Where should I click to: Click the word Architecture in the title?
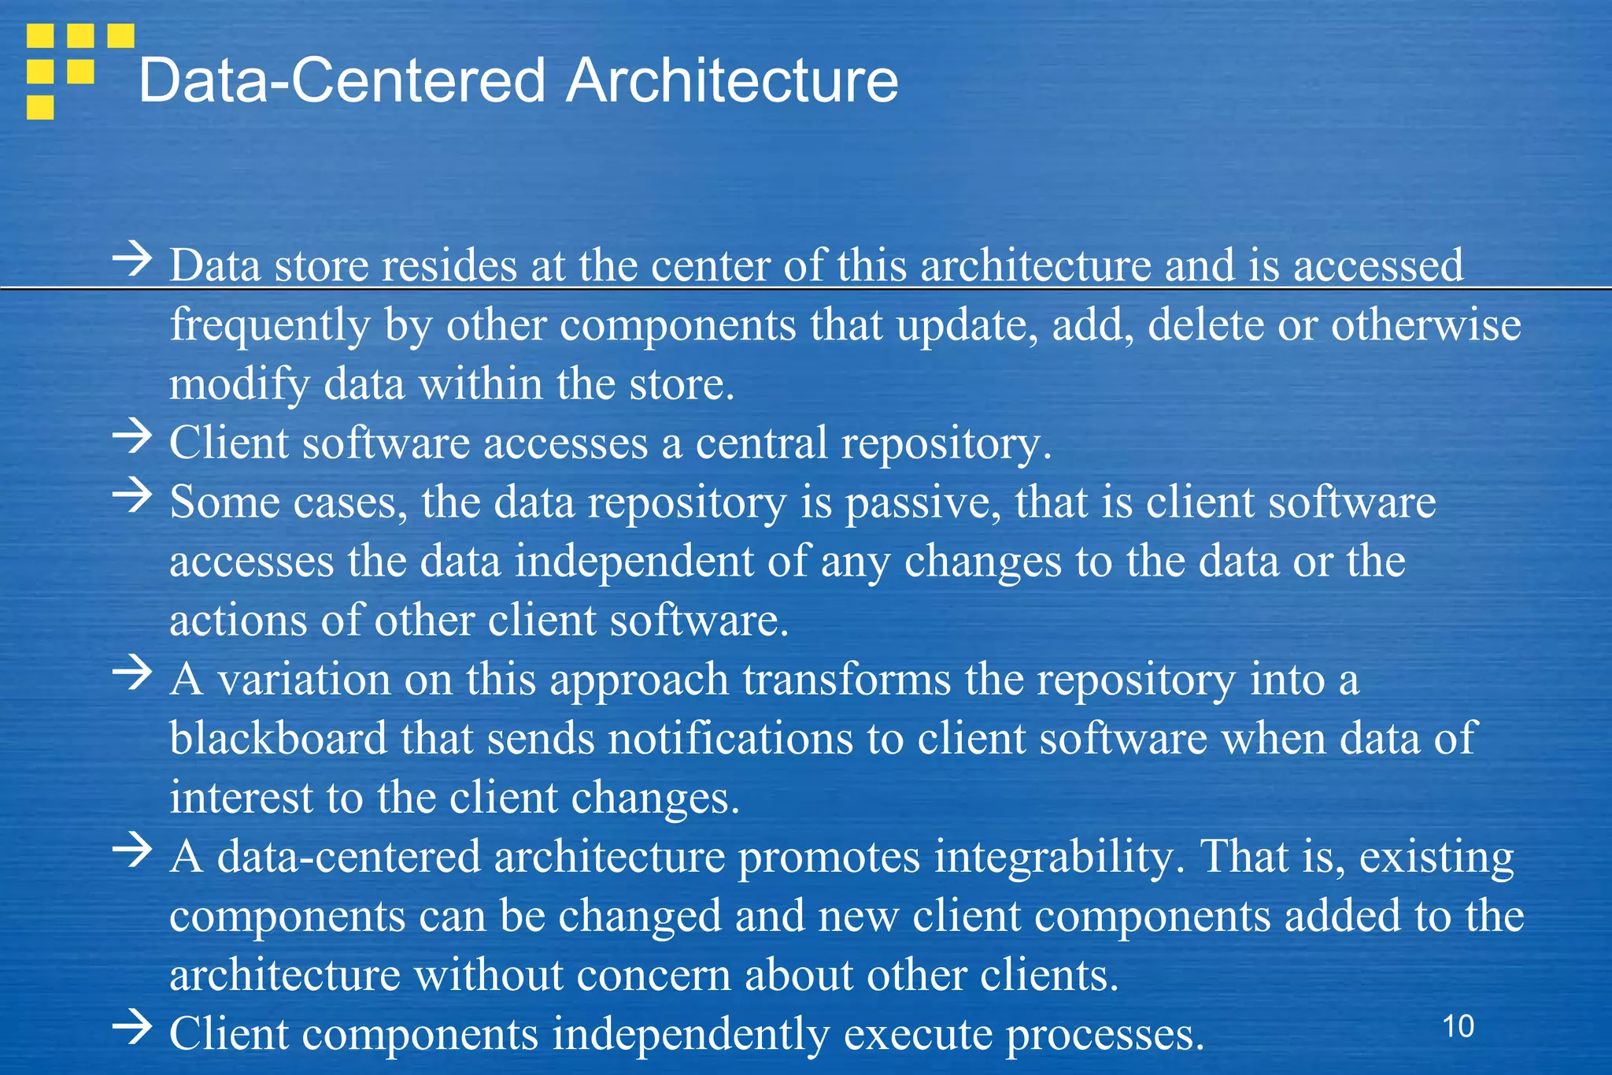[x=732, y=80]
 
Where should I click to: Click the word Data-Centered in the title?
[x=342, y=80]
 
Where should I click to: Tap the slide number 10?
[x=1459, y=1026]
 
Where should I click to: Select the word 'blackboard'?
[x=278, y=739]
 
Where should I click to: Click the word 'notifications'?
[x=730, y=739]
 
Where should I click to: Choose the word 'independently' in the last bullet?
[x=690, y=1035]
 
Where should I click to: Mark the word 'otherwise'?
[x=1425, y=324]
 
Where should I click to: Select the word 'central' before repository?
[x=761, y=443]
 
